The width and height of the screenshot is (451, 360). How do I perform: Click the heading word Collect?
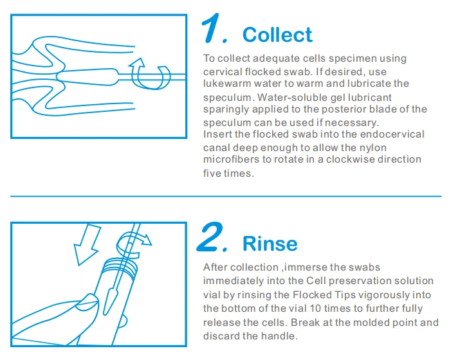click(x=277, y=34)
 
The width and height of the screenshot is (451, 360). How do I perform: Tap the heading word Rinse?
click(x=270, y=244)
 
